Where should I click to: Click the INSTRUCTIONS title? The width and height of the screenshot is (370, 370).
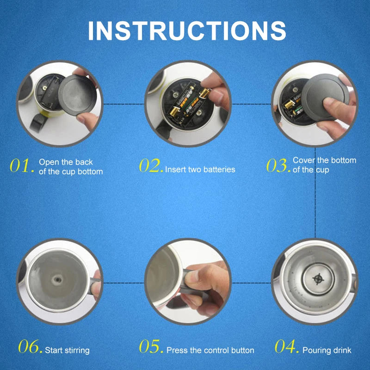(187, 30)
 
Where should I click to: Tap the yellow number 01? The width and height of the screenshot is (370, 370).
(21, 166)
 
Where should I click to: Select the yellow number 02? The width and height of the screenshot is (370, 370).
(151, 166)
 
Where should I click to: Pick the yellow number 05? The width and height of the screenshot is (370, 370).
(151, 347)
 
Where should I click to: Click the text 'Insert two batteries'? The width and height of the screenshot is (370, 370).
(200, 170)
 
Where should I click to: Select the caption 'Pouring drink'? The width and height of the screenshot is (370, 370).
(327, 351)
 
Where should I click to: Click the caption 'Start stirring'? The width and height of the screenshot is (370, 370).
(67, 351)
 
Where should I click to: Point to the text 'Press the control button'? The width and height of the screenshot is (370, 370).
(210, 351)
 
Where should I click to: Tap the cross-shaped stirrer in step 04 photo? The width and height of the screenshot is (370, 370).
(317, 279)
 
